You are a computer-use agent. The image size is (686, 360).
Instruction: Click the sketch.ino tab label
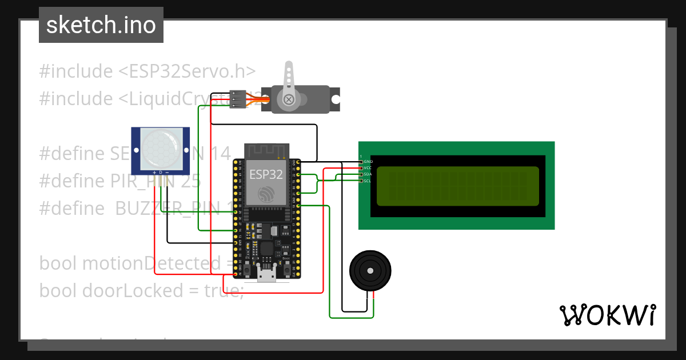click(101, 25)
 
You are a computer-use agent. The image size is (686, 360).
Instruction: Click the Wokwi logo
click(608, 315)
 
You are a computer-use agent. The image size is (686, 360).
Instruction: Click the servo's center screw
click(289, 100)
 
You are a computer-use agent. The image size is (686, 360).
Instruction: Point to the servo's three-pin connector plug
click(237, 99)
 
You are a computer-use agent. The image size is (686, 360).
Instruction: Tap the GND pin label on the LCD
click(368, 162)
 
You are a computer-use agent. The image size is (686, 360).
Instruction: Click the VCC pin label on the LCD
click(368, 168)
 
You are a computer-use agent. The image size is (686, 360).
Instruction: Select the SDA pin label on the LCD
click(368, 174)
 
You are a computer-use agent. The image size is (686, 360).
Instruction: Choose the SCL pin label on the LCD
click(368, 181)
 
